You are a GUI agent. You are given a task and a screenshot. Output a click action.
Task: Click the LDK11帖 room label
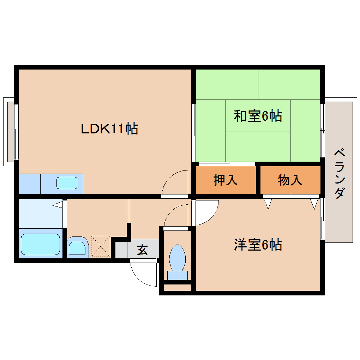click(x=109, y=129)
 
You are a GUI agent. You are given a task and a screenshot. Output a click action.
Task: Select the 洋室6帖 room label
click(x=258, y=245)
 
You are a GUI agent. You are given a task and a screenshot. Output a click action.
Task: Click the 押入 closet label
click(x=226, y=180)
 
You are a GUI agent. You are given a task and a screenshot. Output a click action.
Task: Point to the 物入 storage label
click(x=290, y=180)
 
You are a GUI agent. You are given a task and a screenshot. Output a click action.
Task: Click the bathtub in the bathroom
click(x=40, y=244)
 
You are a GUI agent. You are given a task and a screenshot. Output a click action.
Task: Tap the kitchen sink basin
click(x=67, y=183)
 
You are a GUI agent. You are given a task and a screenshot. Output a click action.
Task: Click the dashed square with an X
click(x=100, y=246)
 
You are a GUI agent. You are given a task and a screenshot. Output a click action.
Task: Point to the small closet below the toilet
click(x=178, y=288)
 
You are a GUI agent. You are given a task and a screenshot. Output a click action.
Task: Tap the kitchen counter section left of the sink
click(x=29, y=184)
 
